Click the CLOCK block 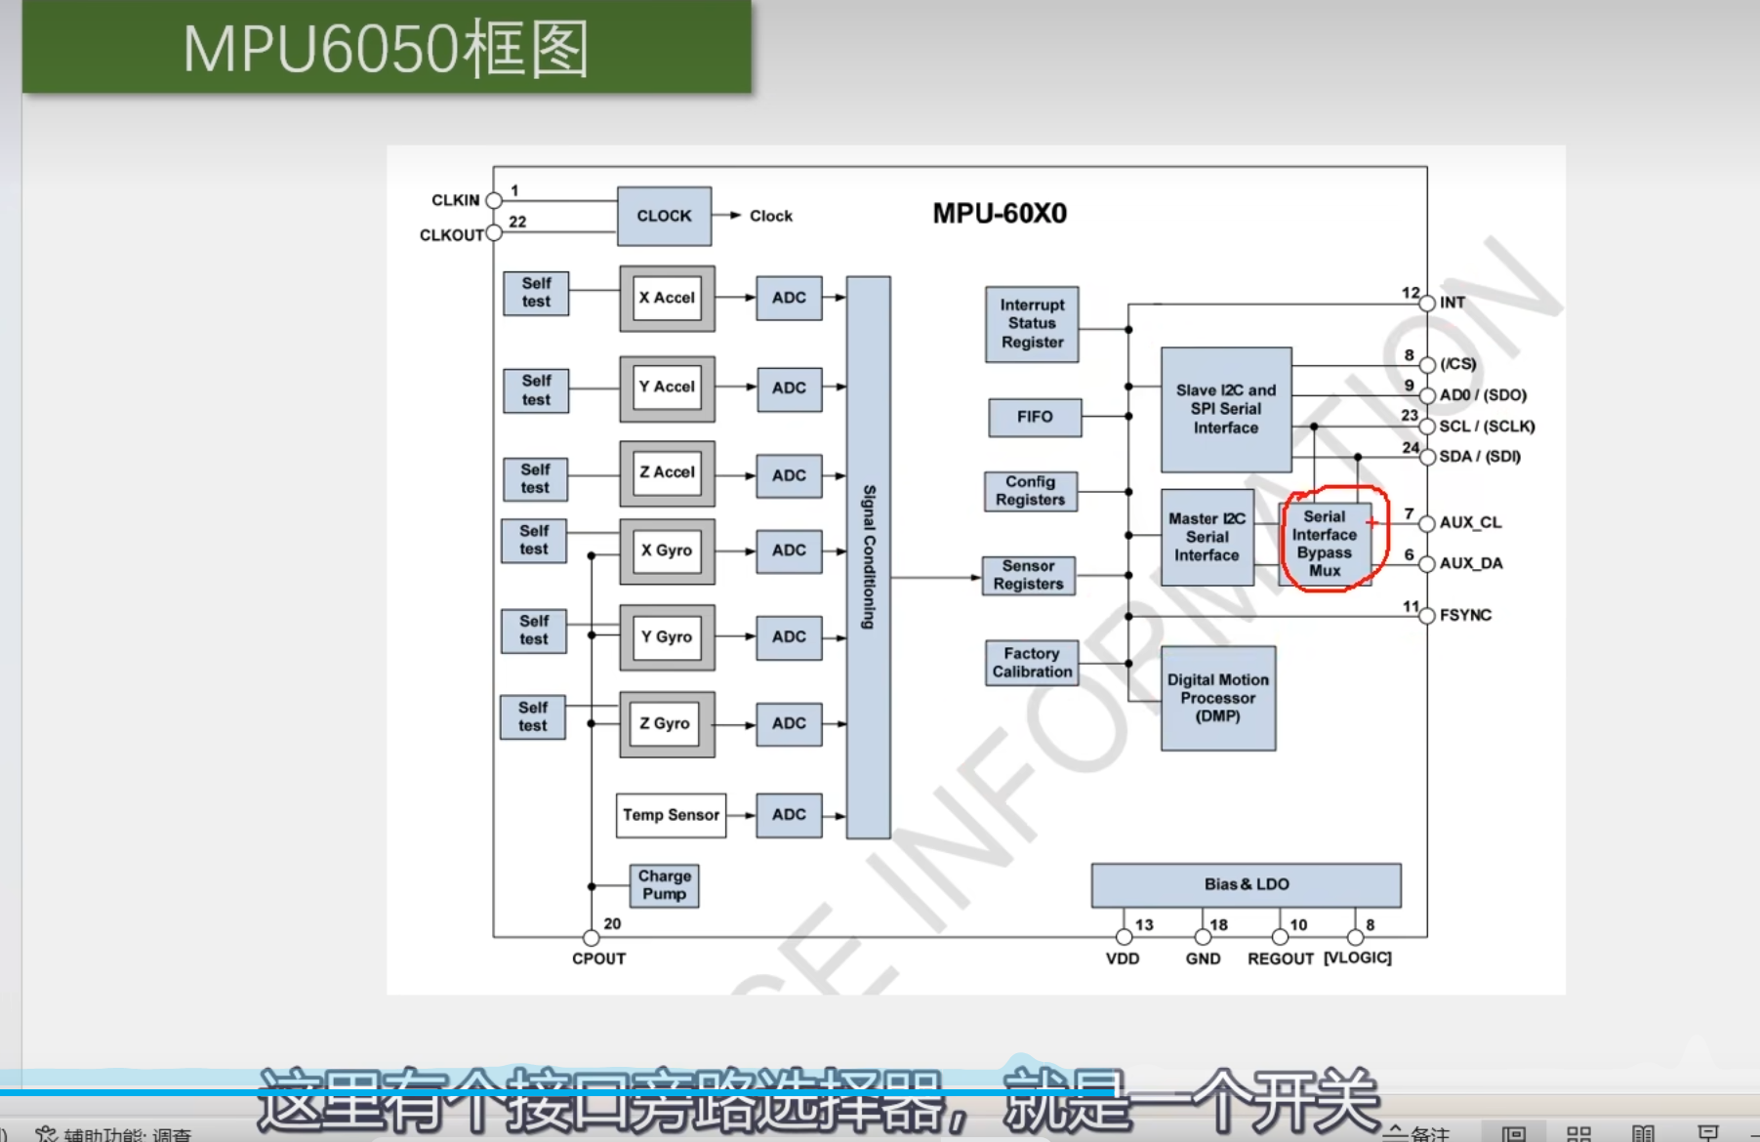[664, 216]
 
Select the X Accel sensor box [667, 298]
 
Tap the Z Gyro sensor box [666, 724]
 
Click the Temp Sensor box [671, 815]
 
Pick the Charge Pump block [664, 885]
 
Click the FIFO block [1035, 417]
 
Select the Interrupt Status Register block [1032, 324]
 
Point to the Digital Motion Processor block [1217, 698]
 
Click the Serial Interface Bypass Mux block [1325, 544]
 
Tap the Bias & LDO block [1246, 884]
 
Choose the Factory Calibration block [1032, 663]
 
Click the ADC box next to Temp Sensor [789, 815]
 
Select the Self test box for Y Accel [536, 390]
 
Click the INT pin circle [1427, 304]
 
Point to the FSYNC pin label [1465, 615]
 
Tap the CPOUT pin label [598, 958]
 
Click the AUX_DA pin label [1470, 563]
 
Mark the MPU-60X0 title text [1000, 213]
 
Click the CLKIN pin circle [494, 201]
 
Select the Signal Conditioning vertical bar [868, 556]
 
